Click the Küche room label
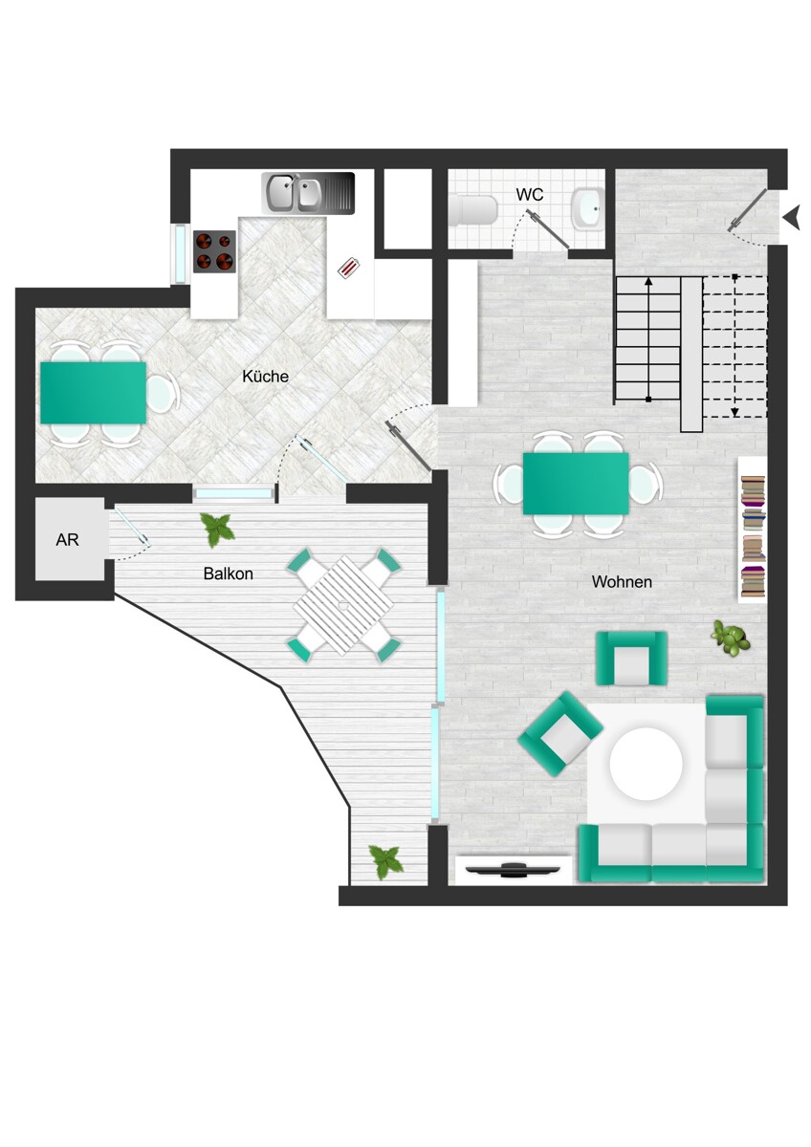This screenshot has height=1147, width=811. (265, 377)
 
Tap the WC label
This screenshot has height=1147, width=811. (529, 195)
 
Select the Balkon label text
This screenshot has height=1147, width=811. (228, 573)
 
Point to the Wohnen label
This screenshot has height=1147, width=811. (622, 582)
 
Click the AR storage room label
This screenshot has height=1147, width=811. (67, 540)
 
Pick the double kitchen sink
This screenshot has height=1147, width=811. (308, 193)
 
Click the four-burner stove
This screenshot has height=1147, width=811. (214, 251)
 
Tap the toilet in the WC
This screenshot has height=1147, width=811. (473, 210)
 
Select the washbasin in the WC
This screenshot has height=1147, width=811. (588, 208)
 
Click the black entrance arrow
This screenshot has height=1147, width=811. (791, 217)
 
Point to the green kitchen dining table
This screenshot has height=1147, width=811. (93, 393)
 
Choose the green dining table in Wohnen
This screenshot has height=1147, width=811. (576, 484)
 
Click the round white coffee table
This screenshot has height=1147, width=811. (647, 764)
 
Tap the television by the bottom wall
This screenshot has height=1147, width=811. (513, 870)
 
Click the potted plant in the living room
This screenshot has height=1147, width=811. (730, 637)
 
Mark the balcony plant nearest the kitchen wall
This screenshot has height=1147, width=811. (217, 530)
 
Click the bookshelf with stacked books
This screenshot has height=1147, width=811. (752, 530)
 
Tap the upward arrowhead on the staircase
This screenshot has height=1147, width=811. (648, 281)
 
